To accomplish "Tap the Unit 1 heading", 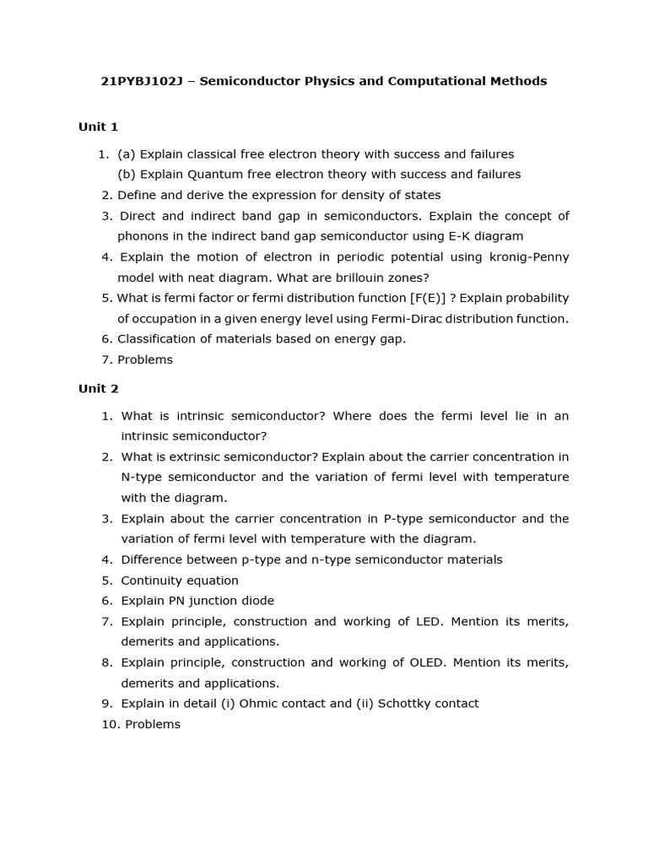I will pos(98,127).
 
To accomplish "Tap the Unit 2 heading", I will pos(98,388).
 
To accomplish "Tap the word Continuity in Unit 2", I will pos(154,580).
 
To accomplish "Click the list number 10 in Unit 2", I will pos(110,724).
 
